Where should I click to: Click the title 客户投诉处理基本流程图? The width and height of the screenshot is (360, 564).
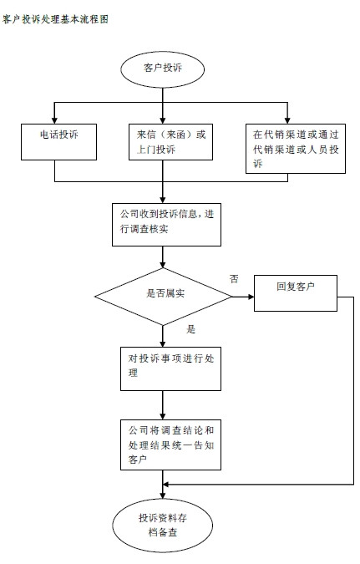55,19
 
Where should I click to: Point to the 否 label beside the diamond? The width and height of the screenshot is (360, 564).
234,279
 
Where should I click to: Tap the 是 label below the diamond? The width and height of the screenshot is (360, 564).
191,329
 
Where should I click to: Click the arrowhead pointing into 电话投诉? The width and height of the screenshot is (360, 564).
54,120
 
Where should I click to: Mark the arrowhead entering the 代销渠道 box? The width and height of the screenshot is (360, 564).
287,120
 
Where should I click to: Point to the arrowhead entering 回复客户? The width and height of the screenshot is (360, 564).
251,297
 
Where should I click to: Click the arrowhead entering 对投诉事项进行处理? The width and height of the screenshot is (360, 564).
163,343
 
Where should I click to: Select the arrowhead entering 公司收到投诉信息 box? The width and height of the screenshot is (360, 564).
163,200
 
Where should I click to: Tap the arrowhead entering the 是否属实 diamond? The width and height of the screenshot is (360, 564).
163,264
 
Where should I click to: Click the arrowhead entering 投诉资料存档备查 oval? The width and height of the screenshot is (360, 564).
163,495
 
